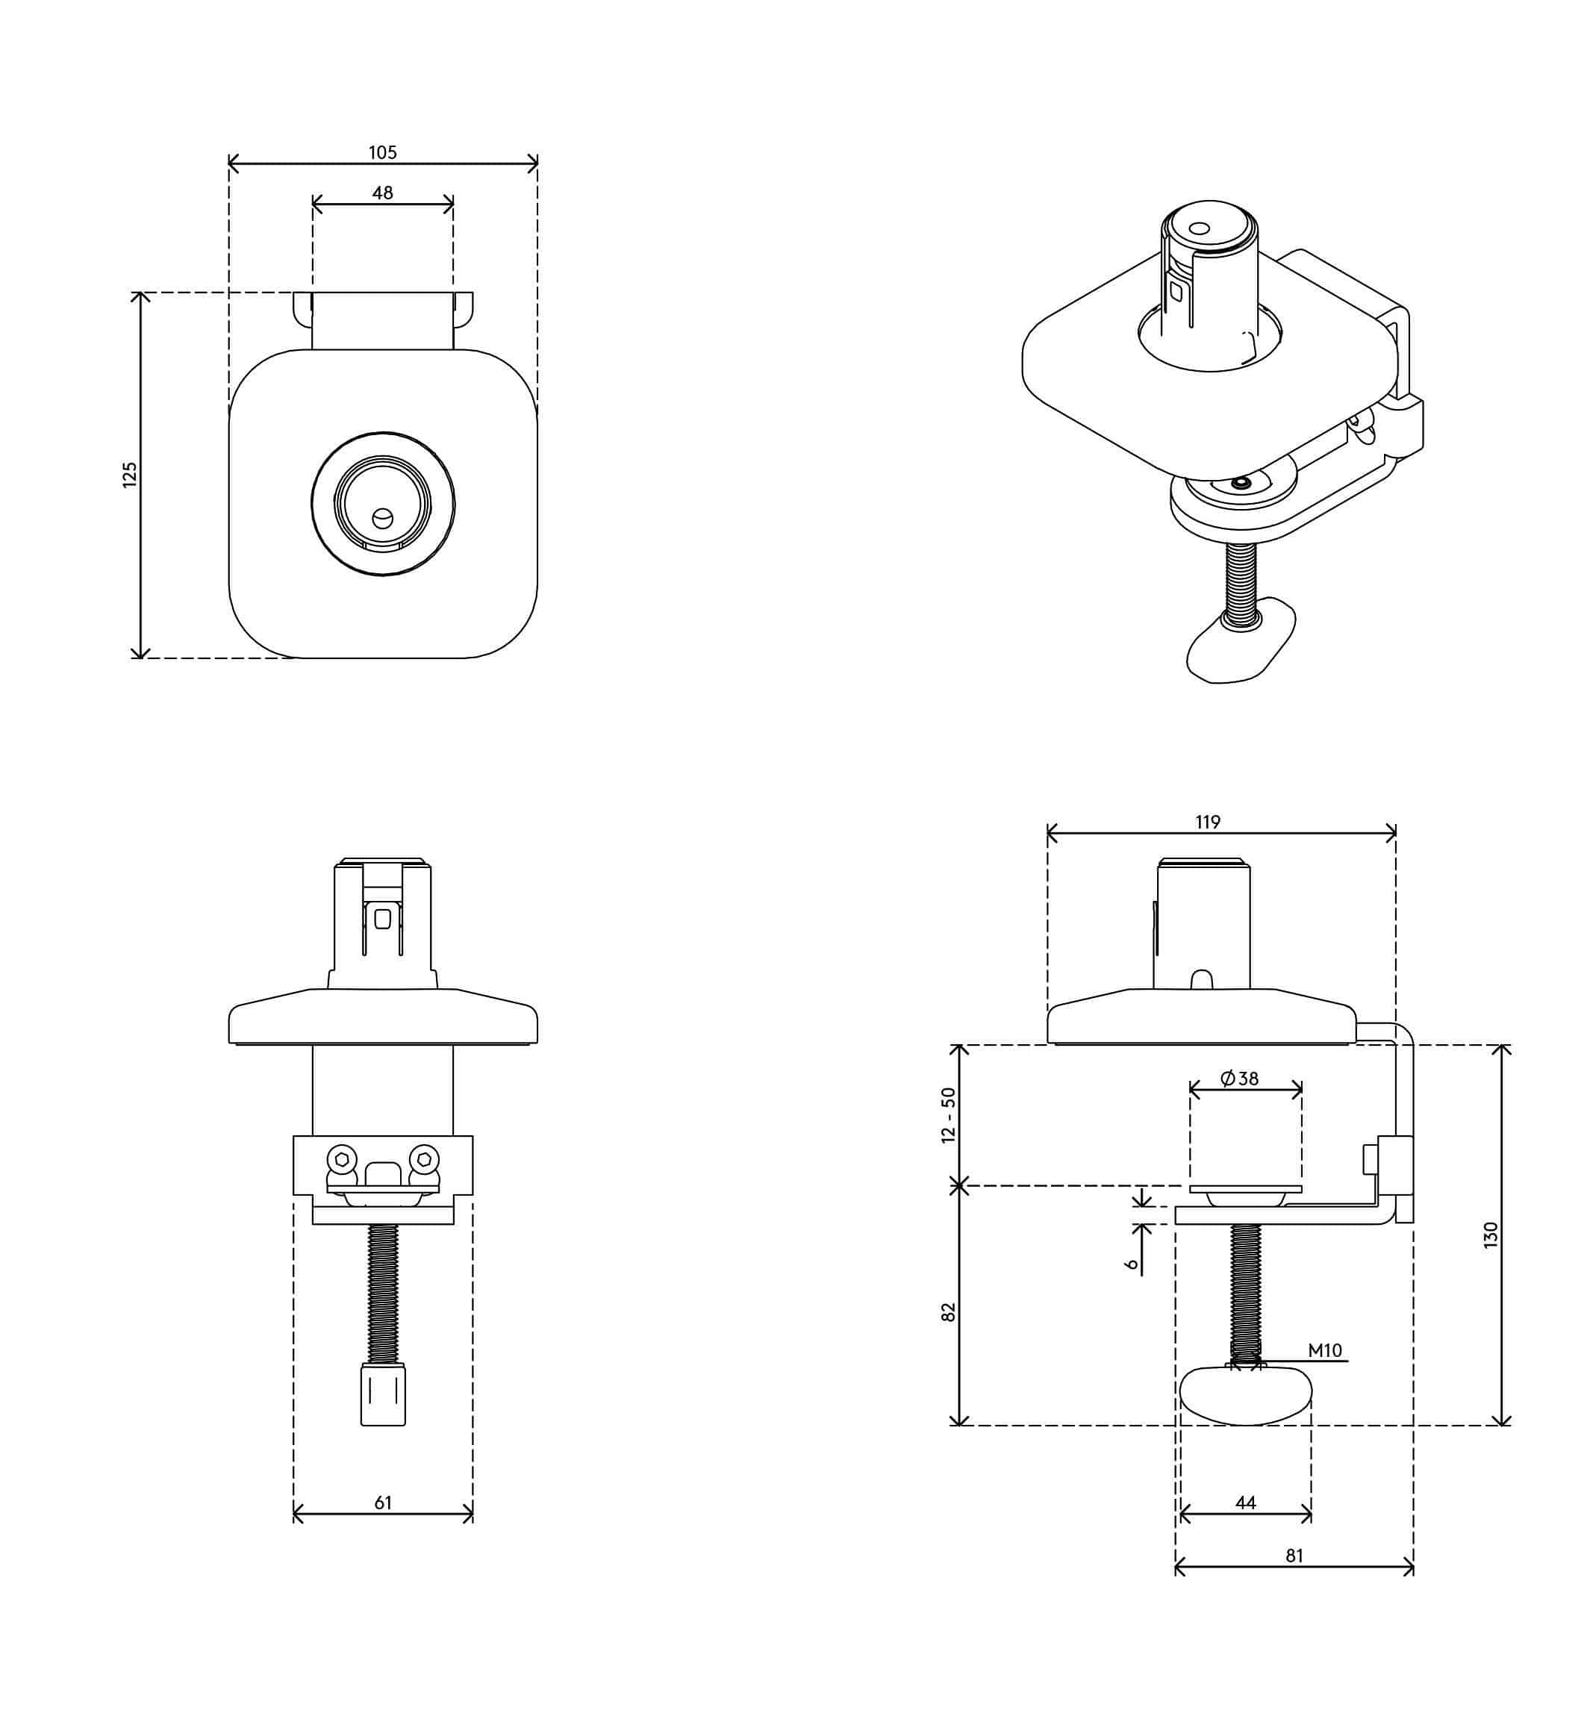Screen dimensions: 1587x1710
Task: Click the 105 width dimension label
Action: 382,153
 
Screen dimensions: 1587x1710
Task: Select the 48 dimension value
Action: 382,193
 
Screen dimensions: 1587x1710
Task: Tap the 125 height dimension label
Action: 130,475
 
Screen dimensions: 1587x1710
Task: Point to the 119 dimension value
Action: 1208,822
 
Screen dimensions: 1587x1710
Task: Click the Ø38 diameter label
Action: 1239,1079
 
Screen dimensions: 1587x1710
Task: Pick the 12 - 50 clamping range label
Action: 948,1115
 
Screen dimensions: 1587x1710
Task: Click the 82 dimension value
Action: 948,1312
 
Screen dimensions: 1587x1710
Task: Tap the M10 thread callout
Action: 1324,1350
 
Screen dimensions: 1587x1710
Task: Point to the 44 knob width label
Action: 1245,1503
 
